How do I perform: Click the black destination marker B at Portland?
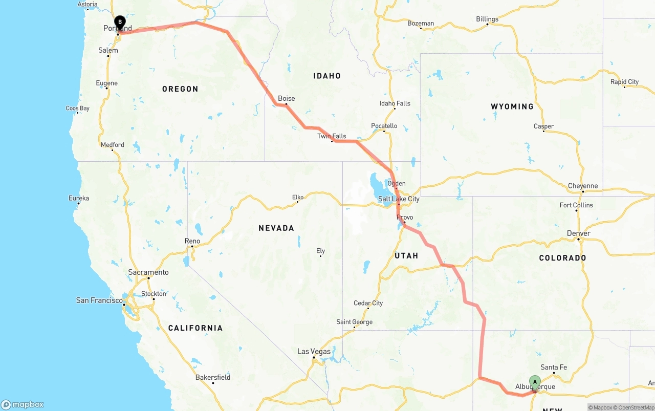[x=120, y=22]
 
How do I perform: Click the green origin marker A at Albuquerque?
[x=535, y=381]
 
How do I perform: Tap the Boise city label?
[x=287, y=98]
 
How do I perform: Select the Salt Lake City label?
[x=399, y=199]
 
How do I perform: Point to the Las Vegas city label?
[x=314, y=352]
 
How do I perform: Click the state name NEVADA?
[x=276, y=228]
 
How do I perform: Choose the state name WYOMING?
[x=512, y=106]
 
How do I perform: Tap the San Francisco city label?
[x=99, y=300]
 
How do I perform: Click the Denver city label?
[x=579, y=233]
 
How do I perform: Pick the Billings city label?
[x=487, y=19]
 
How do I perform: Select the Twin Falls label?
[x=332, y=136]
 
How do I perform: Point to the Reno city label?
[x=192, y=241]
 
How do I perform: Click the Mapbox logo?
[x=23, y=404]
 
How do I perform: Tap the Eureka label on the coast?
[x=79, y=198]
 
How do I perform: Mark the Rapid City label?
[x=624, y=82]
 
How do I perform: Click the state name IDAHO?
[x=327, y=76]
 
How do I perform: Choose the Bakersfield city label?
[x=213, y=377]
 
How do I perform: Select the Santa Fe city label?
[x=554, y=367]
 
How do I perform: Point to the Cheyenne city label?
[x=583, y=186]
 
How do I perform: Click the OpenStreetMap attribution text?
[x=636, y=407]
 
